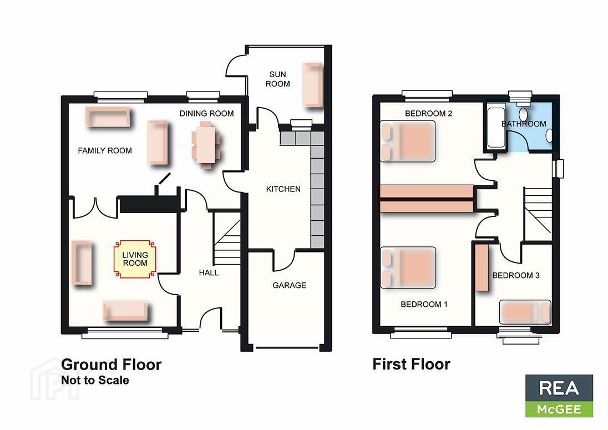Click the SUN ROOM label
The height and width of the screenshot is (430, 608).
277,79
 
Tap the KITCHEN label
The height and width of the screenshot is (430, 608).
283,189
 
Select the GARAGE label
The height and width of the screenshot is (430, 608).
289,285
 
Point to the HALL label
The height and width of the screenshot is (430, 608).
209,272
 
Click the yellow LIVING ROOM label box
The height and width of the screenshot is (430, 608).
135,259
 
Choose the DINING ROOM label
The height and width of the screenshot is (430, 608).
206,114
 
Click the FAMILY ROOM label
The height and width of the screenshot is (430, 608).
105,150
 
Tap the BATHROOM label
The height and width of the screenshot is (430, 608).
524,124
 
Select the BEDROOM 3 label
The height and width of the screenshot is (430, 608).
516,275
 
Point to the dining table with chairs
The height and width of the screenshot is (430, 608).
206,145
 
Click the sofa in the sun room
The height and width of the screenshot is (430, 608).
312,84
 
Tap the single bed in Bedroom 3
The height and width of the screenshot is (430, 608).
525,312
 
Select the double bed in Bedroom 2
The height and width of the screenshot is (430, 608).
408,141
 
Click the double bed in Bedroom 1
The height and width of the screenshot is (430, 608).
408,268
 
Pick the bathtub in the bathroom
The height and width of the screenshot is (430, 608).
496,127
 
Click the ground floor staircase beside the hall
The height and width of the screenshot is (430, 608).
227,237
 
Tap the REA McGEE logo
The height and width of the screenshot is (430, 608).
559,396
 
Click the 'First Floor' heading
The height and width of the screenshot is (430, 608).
411,365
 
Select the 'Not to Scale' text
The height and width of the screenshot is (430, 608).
95,381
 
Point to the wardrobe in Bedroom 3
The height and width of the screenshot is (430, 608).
482,267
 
